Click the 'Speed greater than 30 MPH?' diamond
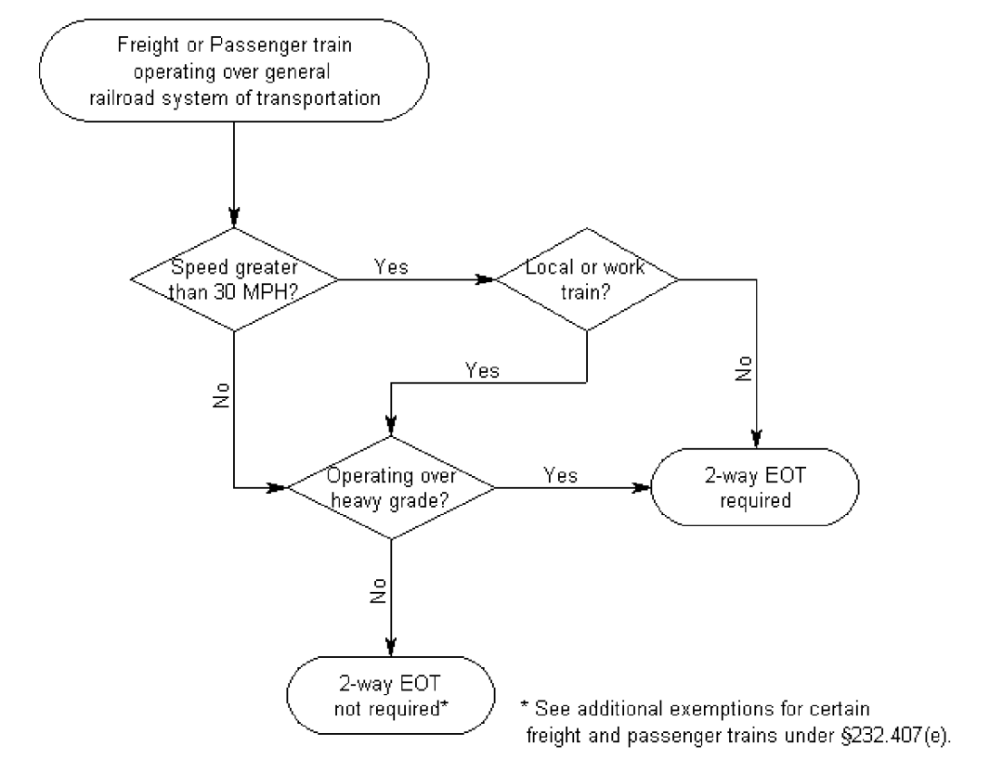pyautogui.click(x=232, y=278)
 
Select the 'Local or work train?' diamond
pyautogui.click(x=586, y=278)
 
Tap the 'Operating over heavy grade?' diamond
pyautogui.click(x=391, y=486)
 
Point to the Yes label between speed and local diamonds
pyautogui.click(x=391, y=265)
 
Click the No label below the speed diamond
pyautogui.click(x=219, y=395)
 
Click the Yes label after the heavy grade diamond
pyautogui.click(x=559, y=475)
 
